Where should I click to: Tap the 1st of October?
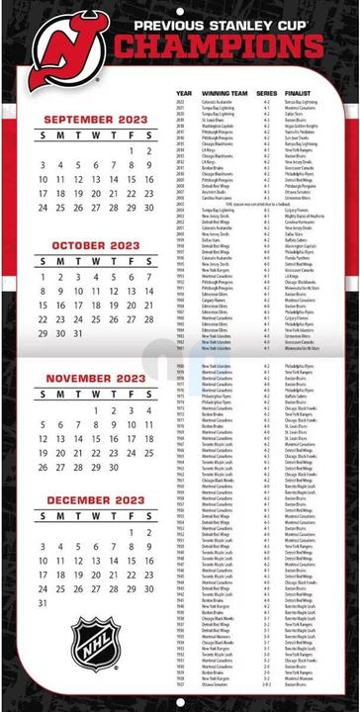43,278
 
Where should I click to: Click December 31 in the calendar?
43,602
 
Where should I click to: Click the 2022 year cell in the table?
180,101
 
